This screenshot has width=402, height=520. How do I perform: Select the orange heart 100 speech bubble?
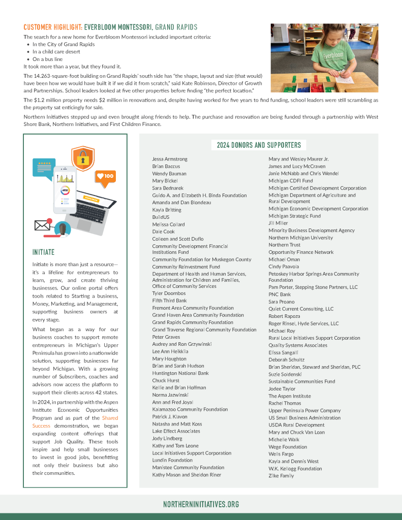pos(105,176)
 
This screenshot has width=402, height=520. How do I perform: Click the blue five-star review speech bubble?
pos(43,166)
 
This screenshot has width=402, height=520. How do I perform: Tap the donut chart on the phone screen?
pos(65,191)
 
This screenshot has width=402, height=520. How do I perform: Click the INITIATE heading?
pos(43,252)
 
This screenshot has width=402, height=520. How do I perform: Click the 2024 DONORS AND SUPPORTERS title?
pos(259,145)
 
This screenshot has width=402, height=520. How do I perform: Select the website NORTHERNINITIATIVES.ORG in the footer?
pos(201,504)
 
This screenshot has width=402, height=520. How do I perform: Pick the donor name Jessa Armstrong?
pos(170,159)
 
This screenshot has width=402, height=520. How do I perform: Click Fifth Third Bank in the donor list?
pos(169,301)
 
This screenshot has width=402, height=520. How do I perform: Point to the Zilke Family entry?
pos(281,476)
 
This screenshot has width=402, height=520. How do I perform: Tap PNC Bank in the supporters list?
pos(280,295)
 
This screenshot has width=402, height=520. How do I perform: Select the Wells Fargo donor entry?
pos(281,454)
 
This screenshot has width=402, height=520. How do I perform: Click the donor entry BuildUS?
pos(161,217)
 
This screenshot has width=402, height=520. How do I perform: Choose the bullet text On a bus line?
pos(48,59)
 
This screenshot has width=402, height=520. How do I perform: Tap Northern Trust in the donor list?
pos(284,245)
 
